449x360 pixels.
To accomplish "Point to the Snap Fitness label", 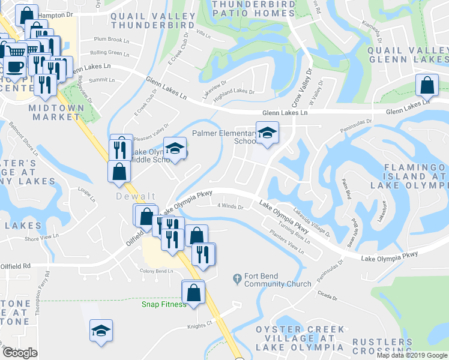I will click(x=163, y=304).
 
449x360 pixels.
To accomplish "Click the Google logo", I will click(x=20, y=353).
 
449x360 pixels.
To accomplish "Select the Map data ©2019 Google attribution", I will click(x=411, y=355).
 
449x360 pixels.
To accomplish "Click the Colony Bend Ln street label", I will click(x=156, y=271).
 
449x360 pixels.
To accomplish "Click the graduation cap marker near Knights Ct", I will click(x=101, y=330).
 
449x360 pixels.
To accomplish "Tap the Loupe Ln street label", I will click(x=86, y=194).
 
